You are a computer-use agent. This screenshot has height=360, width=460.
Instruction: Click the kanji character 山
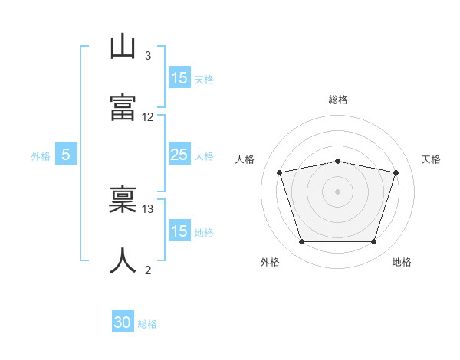(123, 47)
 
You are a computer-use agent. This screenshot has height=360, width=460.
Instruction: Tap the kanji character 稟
(123, 201)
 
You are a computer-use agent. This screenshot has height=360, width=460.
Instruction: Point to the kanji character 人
(123, 260)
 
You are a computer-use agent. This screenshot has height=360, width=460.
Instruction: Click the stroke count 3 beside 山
(148, 56)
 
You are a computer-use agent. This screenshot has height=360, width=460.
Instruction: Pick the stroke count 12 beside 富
(148, 117)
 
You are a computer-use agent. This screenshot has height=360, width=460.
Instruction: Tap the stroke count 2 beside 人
(148, 270)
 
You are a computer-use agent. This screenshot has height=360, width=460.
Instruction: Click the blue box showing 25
(179, 155)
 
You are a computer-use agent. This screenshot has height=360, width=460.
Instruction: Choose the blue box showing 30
(123, 323)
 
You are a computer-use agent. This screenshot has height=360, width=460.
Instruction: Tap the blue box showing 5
(66, 155)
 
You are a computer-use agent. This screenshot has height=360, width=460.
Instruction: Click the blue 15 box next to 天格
(179, 78)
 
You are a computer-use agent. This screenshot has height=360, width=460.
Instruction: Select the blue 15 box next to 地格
(179, 231)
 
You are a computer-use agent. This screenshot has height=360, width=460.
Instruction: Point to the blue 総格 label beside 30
(147, 324)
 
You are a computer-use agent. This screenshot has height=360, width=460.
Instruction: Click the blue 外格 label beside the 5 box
(41, 156)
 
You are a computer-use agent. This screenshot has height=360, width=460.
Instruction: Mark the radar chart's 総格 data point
(337, 161)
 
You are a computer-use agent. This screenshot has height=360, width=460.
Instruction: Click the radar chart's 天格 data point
(396, 172)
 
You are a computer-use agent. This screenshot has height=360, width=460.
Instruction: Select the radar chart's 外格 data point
(301, 242)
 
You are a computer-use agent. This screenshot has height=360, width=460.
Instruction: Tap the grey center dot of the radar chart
(337, 191)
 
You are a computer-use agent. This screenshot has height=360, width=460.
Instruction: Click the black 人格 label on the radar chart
(245, 159)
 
